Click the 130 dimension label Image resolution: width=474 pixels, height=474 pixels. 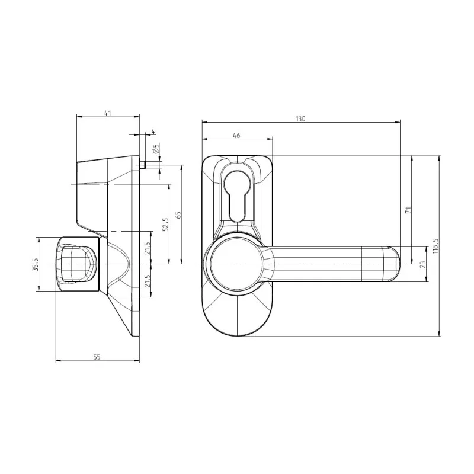(300, 118)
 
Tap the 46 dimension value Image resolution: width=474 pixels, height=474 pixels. (236, 136)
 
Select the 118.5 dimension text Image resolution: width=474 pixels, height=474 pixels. (435, 246)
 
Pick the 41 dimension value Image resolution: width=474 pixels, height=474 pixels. (108, 113)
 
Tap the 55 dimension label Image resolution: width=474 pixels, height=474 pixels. (97, 356)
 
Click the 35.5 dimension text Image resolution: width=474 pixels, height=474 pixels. (35, 264)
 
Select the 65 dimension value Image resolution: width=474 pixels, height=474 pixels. (177, 214)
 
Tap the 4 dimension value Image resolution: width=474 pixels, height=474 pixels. (153, 131)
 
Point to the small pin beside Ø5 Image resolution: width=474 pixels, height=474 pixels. (144, 164)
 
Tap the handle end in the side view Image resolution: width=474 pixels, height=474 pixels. (76, 263)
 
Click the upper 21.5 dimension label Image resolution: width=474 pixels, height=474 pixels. (148, 247)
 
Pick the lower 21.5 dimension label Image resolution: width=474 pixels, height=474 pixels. (148, 280)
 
